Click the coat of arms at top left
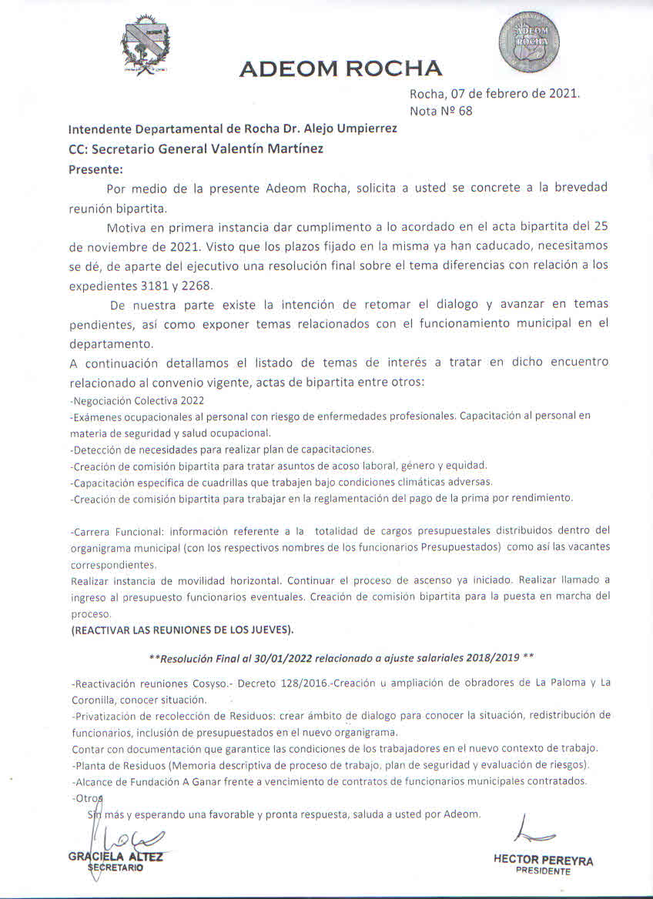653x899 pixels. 146,45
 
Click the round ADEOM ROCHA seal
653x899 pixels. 528,42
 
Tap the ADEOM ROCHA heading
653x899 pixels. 340,69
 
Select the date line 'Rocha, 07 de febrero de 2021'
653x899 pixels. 494,94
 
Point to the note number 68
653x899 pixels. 464,111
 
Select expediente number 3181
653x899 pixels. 147,286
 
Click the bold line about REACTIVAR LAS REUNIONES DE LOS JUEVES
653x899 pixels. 182,630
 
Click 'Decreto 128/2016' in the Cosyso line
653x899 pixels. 278,683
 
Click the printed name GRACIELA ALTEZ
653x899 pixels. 116,856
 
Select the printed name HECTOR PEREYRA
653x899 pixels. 543,861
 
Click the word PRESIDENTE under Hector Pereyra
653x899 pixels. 543,872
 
